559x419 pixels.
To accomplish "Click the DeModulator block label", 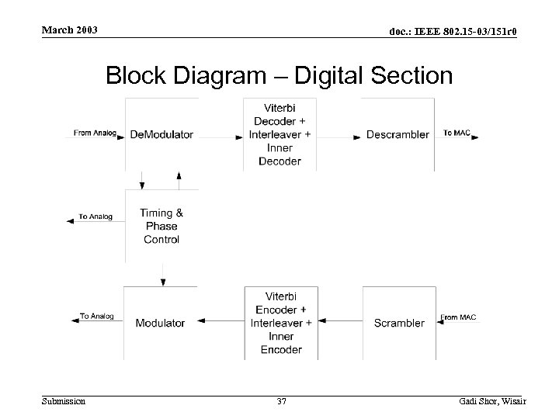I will click(x=161, y=135).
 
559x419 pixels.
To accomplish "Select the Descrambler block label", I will click(x=398, y=135).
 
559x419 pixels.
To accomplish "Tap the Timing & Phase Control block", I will click(x=161, y=227).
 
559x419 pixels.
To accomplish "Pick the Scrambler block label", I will click(x=399, y=323).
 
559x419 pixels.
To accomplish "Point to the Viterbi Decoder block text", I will click(x=280, y=133).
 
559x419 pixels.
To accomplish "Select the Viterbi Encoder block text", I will click(x=280, y=323).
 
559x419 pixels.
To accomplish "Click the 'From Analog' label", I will click(x=95, y=133).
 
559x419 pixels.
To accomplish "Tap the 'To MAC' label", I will click(x=456, y=133).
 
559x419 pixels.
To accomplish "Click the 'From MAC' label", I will click(x=458, y=317).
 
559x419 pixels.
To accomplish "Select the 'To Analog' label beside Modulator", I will click(x=96, y=317).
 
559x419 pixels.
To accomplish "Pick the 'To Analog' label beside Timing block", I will click(x=95, y=216).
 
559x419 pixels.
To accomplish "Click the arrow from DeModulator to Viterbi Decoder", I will click(x=221, y=137).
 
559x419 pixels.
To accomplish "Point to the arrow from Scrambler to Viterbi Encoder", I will click(x=342, y=320).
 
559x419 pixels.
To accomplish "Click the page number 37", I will click(x=281, y=401).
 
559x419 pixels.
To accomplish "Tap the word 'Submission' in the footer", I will click(x=64, y=401).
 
